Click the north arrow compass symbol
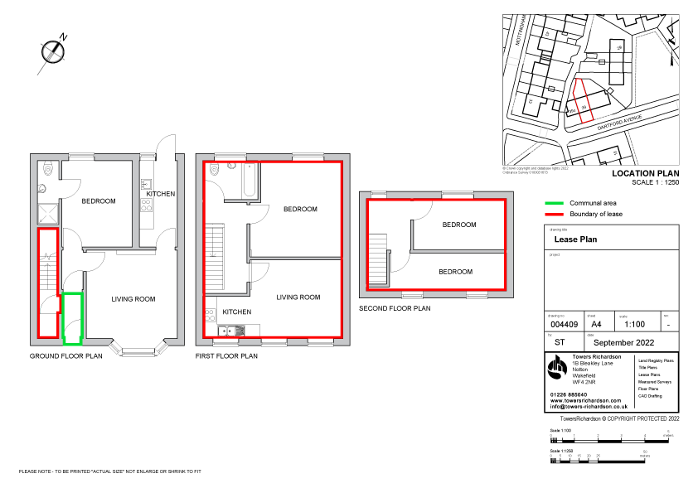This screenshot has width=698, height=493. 54,51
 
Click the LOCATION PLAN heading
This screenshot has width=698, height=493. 645,174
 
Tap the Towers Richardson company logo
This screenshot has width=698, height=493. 558,369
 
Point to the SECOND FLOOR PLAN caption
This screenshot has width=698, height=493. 395,308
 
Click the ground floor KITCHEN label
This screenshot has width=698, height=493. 161,194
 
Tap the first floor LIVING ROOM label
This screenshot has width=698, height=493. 298,297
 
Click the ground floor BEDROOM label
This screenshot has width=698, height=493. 98,201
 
